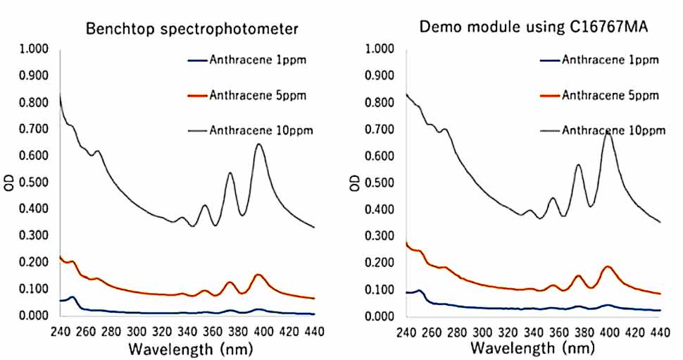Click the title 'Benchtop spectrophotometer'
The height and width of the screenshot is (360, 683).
click(x=192, y=29)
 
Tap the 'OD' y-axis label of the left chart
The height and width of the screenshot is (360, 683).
click(x=9, y=182)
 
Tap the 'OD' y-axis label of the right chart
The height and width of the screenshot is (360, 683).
click(x=356, y=182)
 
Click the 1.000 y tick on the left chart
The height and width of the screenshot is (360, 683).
click(x=33, y=49)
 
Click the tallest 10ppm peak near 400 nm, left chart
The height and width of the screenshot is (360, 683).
click(x=259, y=144)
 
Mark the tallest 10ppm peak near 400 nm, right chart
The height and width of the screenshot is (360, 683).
click(x=607, y=131)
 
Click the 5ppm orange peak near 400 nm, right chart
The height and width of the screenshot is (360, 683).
click(x=607, y=266)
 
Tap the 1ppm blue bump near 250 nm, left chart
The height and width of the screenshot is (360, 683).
click(x=73, y=297)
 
